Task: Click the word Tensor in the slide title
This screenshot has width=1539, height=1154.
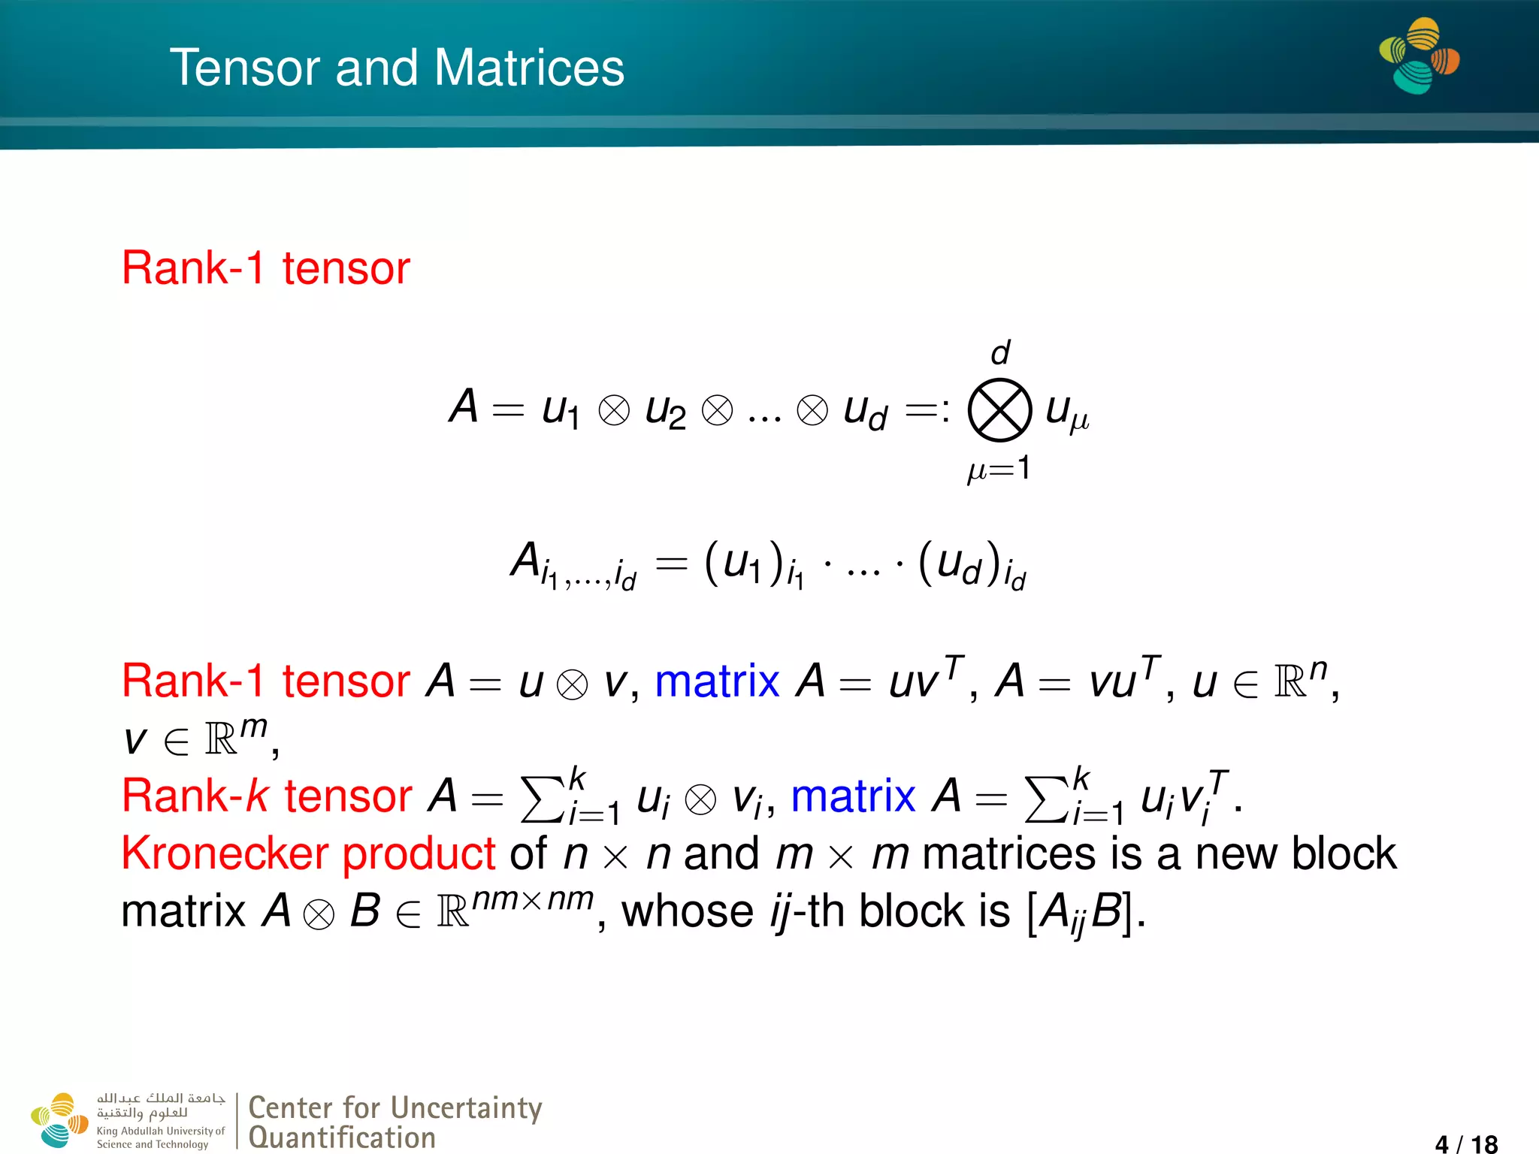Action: coord(244,68)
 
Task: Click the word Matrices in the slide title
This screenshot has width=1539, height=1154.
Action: coord(529,68)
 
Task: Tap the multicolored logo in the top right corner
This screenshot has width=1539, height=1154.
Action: coord(1419,56)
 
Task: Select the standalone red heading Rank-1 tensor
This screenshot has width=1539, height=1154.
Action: coord(265,268)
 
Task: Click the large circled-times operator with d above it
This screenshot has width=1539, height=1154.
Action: coord(999,410)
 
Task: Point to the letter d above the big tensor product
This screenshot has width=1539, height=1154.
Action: coord(1000,352)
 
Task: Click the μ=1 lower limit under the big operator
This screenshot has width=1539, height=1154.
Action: coord(999,470)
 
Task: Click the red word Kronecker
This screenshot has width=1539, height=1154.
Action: coord(225,853)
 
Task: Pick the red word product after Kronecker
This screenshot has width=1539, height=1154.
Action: coord(419,855)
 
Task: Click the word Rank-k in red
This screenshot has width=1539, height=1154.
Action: coord(195,796)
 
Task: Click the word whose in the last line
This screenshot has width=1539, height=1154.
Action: coord(688,911)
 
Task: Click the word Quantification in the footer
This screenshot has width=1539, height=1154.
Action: coord(342,1137)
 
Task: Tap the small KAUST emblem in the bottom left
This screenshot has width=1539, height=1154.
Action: coord(59,1119)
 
